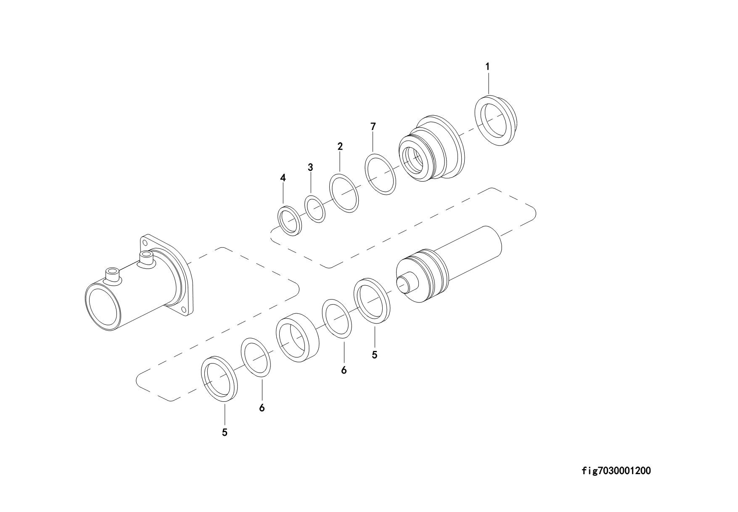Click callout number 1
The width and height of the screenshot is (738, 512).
pyautogui.click(x=487, y=66)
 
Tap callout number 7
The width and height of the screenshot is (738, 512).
pyautogui.click(x=373, y=126)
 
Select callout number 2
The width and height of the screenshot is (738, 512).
pyautogui.click(x=340, y=146)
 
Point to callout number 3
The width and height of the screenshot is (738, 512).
pyautogui.click(x=310, y=167)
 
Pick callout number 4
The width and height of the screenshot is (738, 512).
pyautogui.click(x=283, y=178)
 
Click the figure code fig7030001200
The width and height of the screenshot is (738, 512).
pyautogui.click(x=616, y=471)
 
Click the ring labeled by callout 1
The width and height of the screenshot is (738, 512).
pyautogui.click(x=497, y=121)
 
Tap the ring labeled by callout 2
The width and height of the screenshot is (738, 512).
pyautogui.click(x=344, y=194)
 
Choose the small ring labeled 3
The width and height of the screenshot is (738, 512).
pyautogui.click(x=315, y=208)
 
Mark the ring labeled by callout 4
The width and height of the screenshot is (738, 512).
pyautogui.click(x=289, y=221)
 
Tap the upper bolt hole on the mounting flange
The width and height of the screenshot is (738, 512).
pyautogui.click(x=145, y=242)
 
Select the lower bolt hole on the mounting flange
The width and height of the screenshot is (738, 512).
pyautogui.click(x=183, y=310)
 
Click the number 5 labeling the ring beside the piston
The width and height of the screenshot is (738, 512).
pyautogui.click(x=374, y=355)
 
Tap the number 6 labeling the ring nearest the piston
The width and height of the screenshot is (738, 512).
pyautogui.click(x=344, y=371)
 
